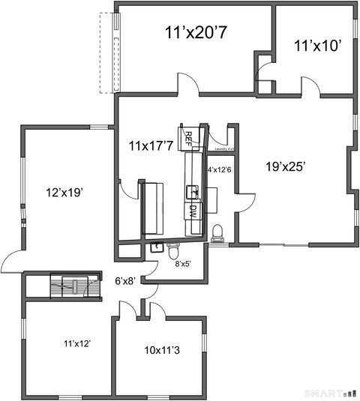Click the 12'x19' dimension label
point(64,192)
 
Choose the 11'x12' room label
point(76,343)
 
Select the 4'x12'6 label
point(220,169)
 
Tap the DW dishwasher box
point(192,211)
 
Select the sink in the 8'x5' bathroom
point(157,247)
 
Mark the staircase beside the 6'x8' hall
point(75,286)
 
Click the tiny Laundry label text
point(223,148)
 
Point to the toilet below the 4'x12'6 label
point(218,233)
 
